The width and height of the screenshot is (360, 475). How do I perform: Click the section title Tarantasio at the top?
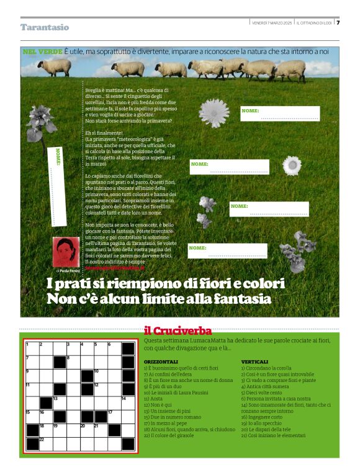[45, 27]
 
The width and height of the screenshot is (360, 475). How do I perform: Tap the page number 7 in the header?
[338, 23]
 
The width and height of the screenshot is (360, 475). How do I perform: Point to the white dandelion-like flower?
[214, 113]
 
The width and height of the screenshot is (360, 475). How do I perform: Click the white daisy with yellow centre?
[292, 166]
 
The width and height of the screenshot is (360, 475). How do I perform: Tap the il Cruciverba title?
[178, 331]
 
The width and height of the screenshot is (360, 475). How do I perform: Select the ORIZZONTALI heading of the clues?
[161, 362]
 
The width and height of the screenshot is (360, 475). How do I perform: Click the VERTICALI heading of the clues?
[254, 362]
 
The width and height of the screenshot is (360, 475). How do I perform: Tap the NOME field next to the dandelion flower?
[280, 114]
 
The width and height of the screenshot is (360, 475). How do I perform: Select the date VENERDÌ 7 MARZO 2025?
[271, 23]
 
